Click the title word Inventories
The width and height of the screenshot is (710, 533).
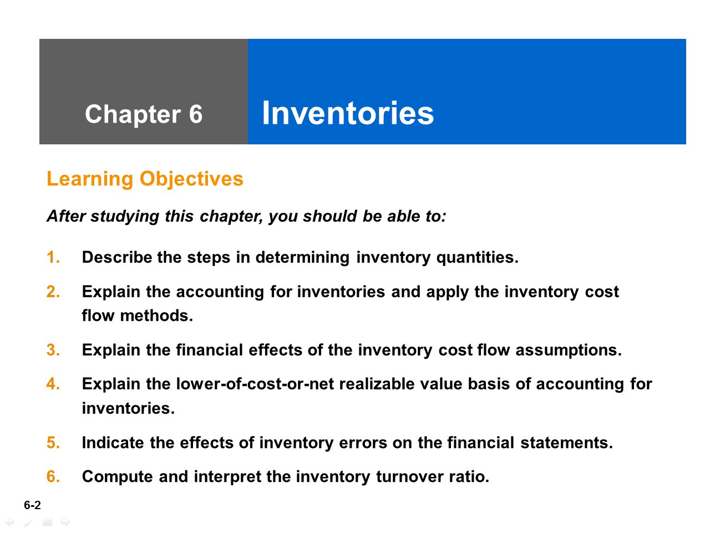pos(348,113)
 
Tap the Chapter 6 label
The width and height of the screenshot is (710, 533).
pos(144,114)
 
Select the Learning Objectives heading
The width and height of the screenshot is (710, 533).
pos(145,179)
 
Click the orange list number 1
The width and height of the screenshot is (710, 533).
pos(53,257)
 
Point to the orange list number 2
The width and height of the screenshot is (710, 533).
pos(53,291)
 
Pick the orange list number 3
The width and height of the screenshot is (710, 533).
pos(53,350)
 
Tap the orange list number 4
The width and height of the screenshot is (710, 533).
pos(53,384)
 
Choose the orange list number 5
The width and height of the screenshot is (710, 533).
pos(53,443)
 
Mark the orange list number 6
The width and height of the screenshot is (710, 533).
pos(53,476)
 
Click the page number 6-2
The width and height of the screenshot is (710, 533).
pos(32,505)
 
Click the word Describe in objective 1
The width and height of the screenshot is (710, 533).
pos(117,257)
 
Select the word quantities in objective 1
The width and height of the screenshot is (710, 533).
pos(478,258)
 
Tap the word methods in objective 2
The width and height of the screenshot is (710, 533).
pos(156,315)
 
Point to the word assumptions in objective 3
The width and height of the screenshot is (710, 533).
pos(569,351)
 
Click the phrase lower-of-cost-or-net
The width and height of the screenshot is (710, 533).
pos(255,384)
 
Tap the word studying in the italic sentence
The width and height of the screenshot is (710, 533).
pos(125,217)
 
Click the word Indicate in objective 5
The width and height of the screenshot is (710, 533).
pos(113,443)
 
